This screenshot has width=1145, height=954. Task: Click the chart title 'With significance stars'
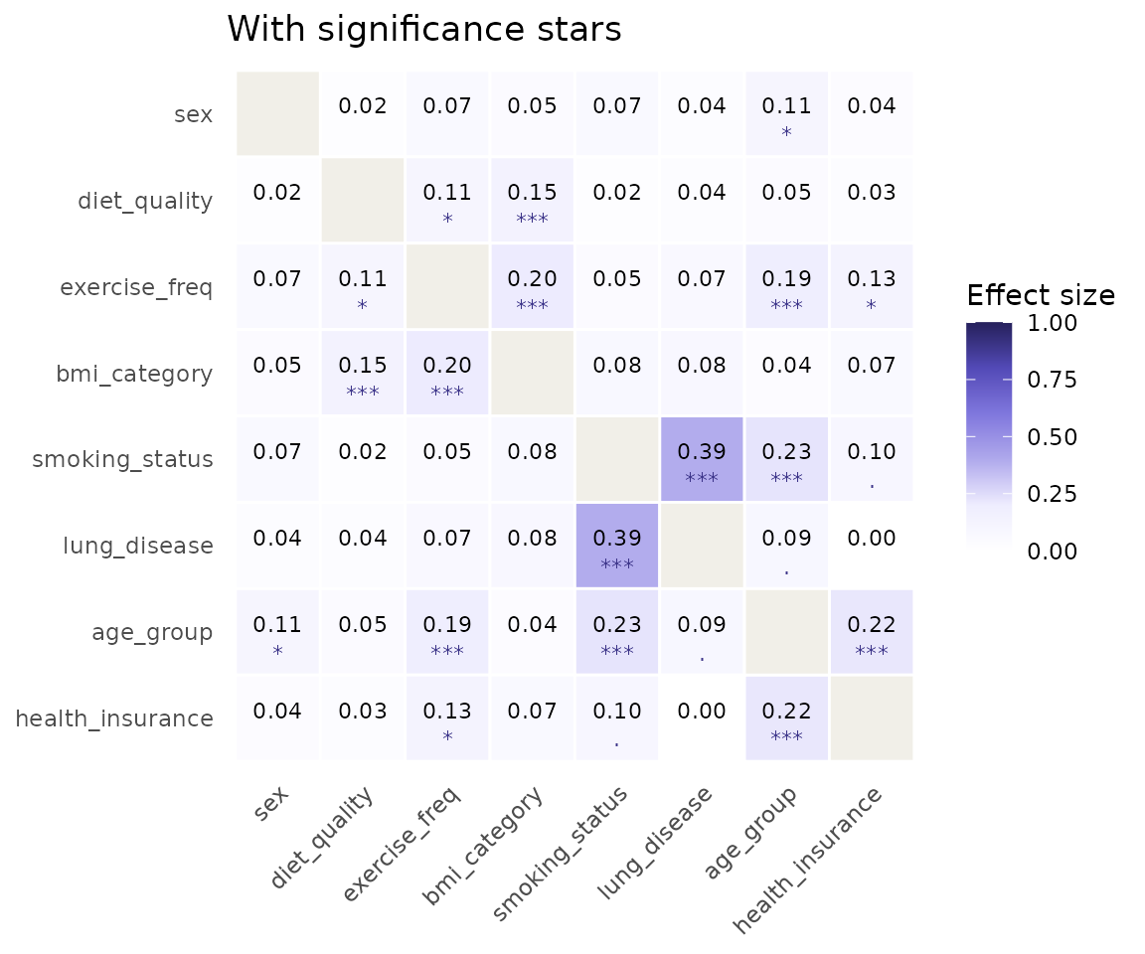coord(424,30)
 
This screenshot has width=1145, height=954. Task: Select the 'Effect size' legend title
coord(1041,295)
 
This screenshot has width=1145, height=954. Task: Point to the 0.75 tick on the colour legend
coord(1052,380)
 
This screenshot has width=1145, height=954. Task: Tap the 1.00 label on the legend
coord(1052,323)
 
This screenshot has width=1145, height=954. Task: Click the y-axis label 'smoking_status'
coord(122,460)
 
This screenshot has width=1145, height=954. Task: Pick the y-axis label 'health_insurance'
coord(114,718)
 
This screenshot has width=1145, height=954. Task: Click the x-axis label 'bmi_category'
coord(483,846)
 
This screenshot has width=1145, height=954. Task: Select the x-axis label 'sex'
coord(271,804)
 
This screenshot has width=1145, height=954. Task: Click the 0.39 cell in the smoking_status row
coord(702,459)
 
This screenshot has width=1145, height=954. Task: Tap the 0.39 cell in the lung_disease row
coord(617,546)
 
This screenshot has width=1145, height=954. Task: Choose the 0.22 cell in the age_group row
coord(871,631)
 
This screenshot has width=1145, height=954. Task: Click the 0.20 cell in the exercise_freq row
coord(533,286)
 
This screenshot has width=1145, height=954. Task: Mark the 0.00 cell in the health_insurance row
coord(702,718)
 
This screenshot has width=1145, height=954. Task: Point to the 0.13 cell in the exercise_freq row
coord(871,286)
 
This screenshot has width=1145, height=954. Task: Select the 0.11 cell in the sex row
coord(786,114)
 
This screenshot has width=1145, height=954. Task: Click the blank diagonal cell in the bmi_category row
coord(533,373)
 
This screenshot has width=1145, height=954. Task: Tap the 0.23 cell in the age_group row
coord(617,631)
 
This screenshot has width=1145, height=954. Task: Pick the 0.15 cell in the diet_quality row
coord(533,200)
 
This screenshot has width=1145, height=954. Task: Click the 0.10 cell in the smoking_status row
coord(871,459)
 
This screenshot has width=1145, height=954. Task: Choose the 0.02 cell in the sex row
coord(363,114)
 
